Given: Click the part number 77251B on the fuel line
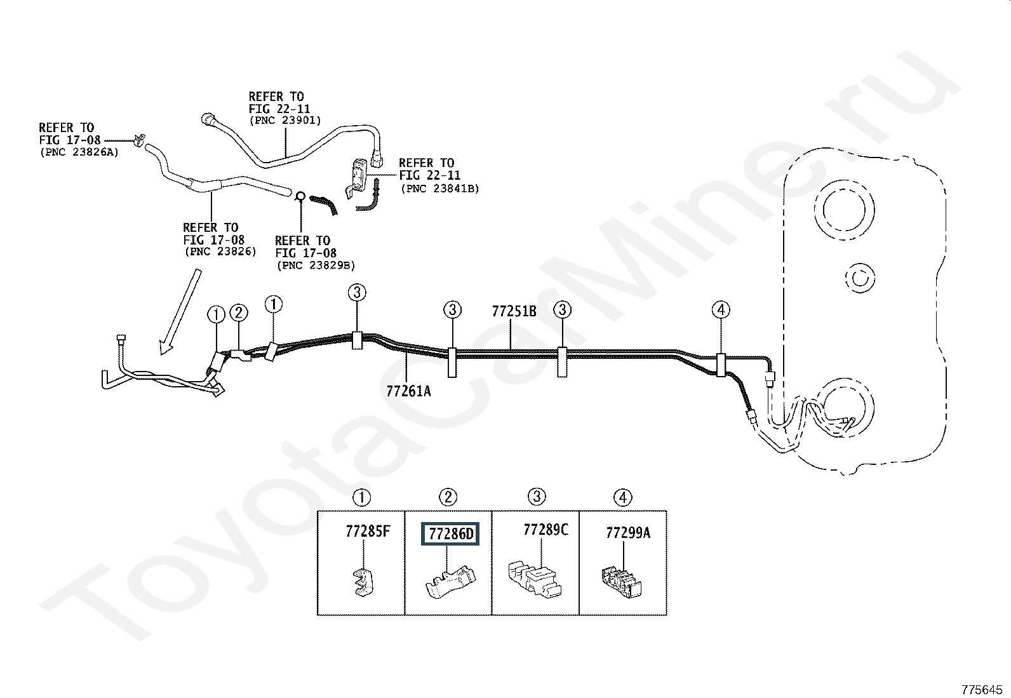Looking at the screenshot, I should click(514, 312).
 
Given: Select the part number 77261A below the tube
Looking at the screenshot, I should click(408, 391).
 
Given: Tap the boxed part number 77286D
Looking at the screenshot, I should click(451, 534).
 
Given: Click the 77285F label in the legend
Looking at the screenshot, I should click(368, 532).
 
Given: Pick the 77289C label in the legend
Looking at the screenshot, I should click(546, 530).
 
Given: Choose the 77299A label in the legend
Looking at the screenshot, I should click(628, 533).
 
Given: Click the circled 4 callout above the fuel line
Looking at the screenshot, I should click(720, 310).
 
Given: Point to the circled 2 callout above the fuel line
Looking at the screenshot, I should click(238, 312).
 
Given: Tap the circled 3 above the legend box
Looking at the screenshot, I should click(537, 497).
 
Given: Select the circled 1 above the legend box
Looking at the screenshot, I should click(361, 497).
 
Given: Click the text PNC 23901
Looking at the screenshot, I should click(285, 120).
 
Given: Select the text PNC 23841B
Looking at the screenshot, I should click(439, 189).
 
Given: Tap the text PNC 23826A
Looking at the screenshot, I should click(79, 152).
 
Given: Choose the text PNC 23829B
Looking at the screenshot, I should click(316, 265).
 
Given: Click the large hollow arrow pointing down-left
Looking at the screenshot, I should click(180, 311).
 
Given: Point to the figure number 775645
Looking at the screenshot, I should click(982, 688).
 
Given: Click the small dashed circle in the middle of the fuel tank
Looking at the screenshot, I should click(860, 278).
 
